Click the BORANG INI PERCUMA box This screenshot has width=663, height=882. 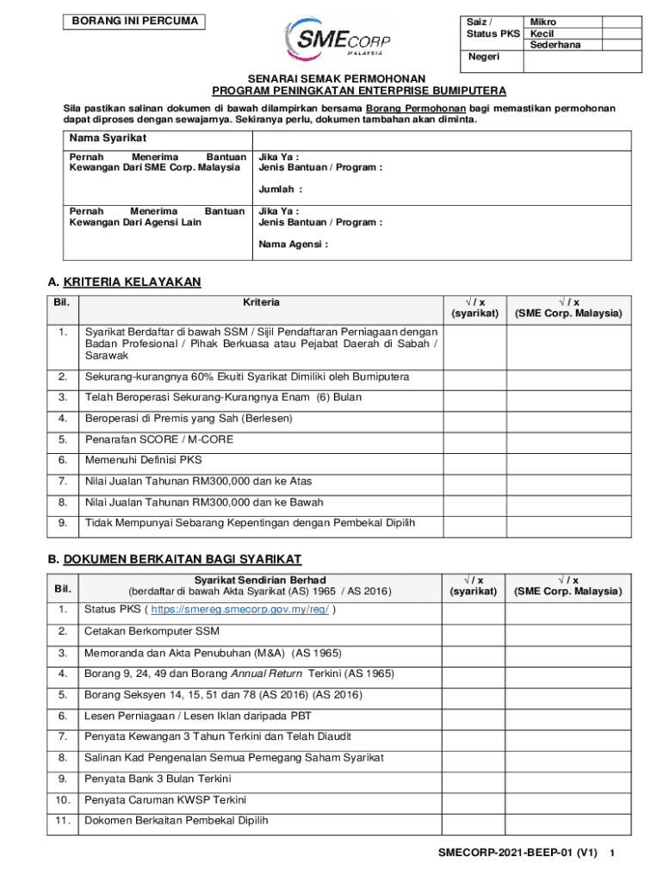click(x=134, y=22)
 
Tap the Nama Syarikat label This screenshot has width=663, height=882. click(x=108, y=139)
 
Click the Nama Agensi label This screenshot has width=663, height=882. click(x=293, y=245)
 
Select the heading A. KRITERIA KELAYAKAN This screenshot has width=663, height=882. click(x=125, y=282)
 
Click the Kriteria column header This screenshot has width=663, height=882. click(x=261, y=302)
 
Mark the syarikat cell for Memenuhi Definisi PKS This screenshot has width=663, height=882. click(x=473, y=460)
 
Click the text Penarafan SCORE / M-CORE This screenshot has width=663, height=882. click(x=158, y=439)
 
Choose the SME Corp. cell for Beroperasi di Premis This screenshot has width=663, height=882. click(x=567, y=419)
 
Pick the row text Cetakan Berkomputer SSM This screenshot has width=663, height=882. click(x=152, y=631)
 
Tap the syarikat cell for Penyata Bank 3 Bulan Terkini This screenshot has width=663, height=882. click(x=473, y=779)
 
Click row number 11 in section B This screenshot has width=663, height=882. click(x=63, y=821)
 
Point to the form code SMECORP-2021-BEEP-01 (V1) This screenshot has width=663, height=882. click(x=517, y=854)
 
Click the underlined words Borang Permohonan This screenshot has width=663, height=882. click(x=416, y=109)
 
